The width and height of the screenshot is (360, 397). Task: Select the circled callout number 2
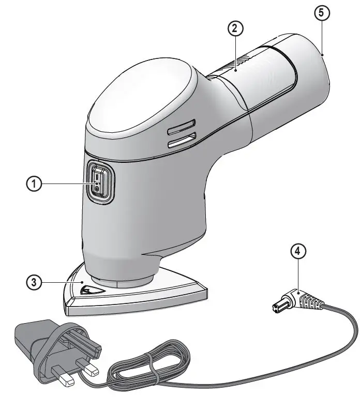point(235,29)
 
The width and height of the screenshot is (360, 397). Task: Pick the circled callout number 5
point(321,14)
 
